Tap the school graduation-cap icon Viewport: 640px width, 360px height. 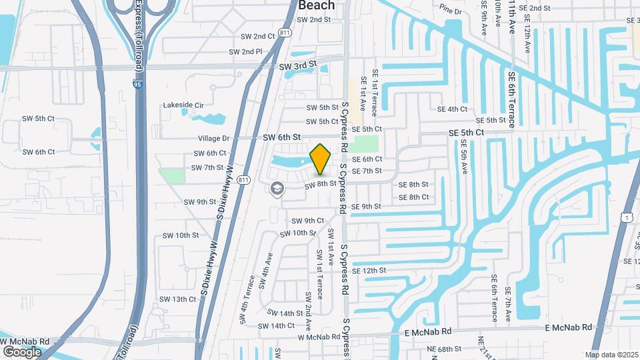click(275, 189)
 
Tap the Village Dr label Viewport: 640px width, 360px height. click(213, 138)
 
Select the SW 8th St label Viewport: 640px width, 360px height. click(319, 184)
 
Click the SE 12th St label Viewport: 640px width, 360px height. click(369, 271)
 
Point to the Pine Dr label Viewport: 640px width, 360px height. click(450, 9)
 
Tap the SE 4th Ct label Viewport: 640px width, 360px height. click(452, 109)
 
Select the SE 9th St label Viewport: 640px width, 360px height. click(366, 207)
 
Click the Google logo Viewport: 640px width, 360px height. click(22, 351)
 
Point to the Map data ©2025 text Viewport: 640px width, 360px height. click(611, 355)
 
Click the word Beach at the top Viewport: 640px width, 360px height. click(316, 5)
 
